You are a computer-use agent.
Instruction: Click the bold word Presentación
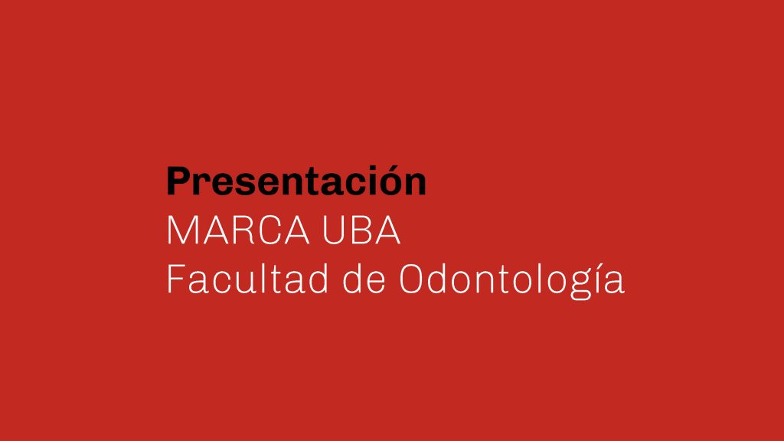tap(296, 181)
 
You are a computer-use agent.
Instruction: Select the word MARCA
tap(238, 230)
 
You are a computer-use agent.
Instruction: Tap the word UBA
tap(361, 230)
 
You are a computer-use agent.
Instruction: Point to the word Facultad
tap(247, 278)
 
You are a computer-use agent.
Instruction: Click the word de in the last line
tap(364, 278)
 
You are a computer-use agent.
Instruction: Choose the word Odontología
tap(512, 281)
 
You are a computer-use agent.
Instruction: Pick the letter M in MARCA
tap(181, 230)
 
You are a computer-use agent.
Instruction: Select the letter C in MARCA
tap(272, 230)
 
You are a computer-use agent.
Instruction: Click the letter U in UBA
tap(334, 230)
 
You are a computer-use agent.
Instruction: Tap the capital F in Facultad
tap(176, 278)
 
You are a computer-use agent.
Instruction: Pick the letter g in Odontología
tap(580, 286)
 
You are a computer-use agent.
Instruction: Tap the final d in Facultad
tap(318, 278)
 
